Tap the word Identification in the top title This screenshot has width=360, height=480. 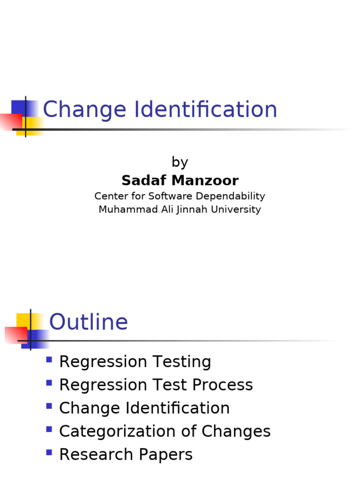coord(206,109)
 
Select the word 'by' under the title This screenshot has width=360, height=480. coord(180,163)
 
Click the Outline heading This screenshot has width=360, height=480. coord(89,322)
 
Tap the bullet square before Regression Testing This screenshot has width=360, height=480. coord(49,360)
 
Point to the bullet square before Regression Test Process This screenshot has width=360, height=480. coord(49,383)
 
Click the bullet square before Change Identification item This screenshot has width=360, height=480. coord(49,406)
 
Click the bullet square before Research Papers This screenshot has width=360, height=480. coord(49,452)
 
